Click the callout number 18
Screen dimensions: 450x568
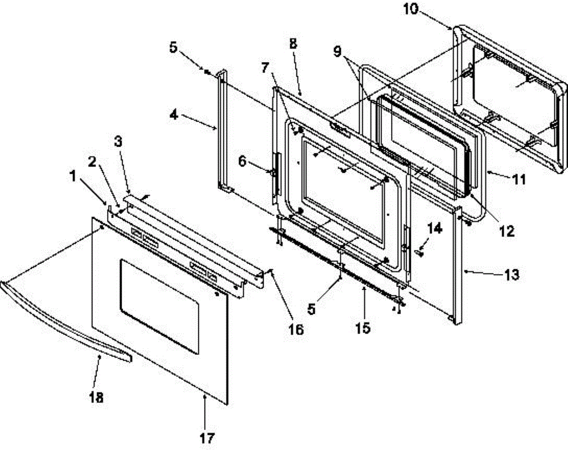tap(96, 397)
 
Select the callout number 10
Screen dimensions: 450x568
tap(411, 9)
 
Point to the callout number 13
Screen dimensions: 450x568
tap(512, 274)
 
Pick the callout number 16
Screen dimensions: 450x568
tap(296, 329)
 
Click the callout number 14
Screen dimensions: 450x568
tap(435, 229)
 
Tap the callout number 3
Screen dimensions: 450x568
tap(120, 142)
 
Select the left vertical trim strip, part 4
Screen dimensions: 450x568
tap(222, 130)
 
